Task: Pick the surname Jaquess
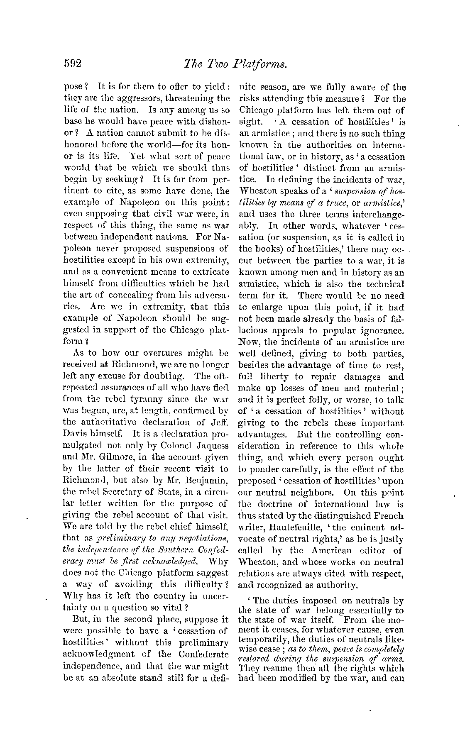[x=213, y=446]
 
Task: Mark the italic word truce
[x=351, y=203]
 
